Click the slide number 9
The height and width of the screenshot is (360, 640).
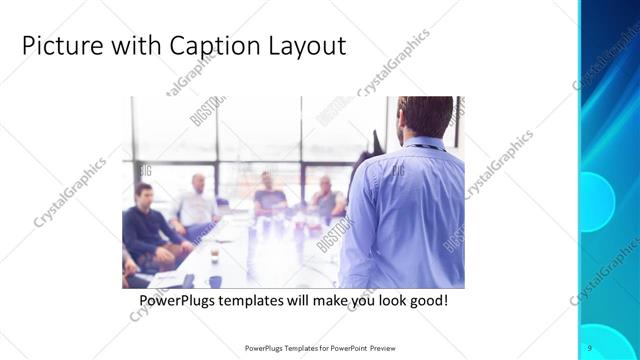point(590,346)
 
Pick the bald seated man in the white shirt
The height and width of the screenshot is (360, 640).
point(196,204)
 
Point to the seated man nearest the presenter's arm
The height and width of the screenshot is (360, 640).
point(326,198)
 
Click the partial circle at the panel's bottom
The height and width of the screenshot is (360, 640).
point(604,342)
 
